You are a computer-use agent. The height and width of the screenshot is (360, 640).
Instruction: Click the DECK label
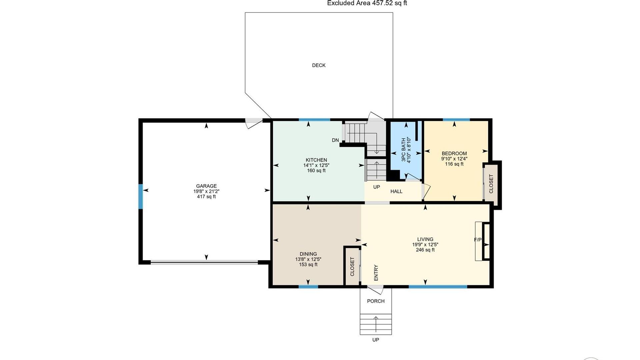(x=319, y=65)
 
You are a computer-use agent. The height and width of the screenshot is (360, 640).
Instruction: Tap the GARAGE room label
(x=206, y=186)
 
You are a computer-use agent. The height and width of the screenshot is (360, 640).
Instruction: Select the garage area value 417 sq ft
(x=206, y=197)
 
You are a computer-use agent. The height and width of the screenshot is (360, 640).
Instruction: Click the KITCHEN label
(x=316, y=160)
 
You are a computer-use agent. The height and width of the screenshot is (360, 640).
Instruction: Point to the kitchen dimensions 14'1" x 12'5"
(x=316, y=165)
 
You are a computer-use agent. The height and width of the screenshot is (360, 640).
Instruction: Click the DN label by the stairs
(x=335, y=140)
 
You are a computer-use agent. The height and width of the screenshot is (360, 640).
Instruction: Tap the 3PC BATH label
(x=404, y=150)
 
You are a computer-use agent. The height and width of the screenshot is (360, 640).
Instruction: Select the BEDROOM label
(x=454, y=154)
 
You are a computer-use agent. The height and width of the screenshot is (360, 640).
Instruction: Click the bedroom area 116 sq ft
(x=454, y=164)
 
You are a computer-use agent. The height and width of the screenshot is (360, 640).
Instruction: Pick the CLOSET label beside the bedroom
(x=491, y=184)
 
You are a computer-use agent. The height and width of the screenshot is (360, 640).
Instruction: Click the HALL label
(x=396, y=191)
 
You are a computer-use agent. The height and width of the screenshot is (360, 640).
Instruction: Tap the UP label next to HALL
(x=376, y=187)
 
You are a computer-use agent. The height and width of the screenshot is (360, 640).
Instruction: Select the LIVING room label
(x=425, y=239)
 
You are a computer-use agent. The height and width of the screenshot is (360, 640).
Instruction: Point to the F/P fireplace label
(x=478, y=240)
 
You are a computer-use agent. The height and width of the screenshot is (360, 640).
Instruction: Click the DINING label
(x=308, y=254)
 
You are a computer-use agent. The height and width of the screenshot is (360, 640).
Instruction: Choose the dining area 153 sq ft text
(x=308, y=265)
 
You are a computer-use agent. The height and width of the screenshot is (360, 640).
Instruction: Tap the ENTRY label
(x=376, y=273)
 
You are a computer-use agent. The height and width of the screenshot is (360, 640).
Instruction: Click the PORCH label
(x=376, y=301)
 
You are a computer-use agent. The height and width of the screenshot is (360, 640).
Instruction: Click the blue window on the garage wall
(x=141, y=197)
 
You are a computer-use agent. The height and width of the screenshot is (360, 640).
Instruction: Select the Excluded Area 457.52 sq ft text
(x=367, y=3)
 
